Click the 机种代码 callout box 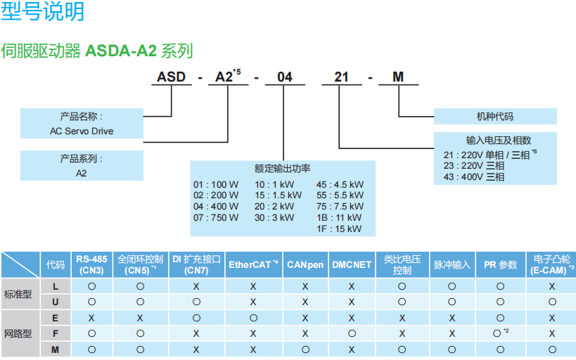[494, 116]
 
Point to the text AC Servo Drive [82, 131]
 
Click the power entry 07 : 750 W [216, 217]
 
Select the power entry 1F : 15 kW [340, 229]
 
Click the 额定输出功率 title [283, 169]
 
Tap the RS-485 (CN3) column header [91, 264]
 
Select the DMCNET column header [352, 264]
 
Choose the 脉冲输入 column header [452, 264]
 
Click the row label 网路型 [18, 333]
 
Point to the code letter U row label [55, 302]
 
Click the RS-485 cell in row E [91, 318]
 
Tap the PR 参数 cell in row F [500, 333]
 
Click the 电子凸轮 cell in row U [552, 302]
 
